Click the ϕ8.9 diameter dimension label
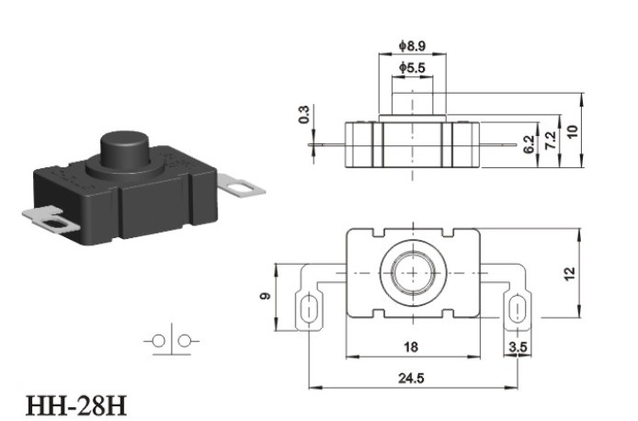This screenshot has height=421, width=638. pos(412,46)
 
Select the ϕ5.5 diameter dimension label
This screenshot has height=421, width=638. pos(412,67)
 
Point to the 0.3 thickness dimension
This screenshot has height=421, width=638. pos(304,114)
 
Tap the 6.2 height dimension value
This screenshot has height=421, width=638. pos(529,144)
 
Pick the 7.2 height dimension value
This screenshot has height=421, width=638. pos(550,141)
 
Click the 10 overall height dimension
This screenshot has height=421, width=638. pos(572,131)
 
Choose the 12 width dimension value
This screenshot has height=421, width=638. pos(570,273)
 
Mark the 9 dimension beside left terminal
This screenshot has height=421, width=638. pos(265,296)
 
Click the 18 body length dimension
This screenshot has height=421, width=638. pos(411,347)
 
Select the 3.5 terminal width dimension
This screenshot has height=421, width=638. pos(518,347)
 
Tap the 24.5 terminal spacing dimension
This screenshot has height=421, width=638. pos(411,379)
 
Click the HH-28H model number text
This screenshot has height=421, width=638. pos(76,405)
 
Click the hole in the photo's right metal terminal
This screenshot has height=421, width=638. pos(236,188)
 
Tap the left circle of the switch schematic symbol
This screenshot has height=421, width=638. pos(158,341)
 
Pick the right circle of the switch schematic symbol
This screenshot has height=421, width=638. pos(185,341)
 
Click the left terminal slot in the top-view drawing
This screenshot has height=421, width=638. pos(309,309)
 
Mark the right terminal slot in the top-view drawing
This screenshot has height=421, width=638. pos(518,309)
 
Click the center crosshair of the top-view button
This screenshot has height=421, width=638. pos(414,272)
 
